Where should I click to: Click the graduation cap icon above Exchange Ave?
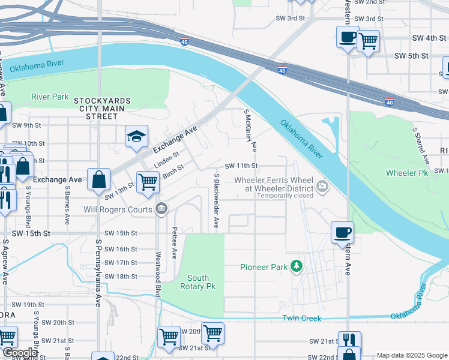[x=136, y=136]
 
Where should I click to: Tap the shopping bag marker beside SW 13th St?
[x=98, y=179]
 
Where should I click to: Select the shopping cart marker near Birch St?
[x=148, y=182]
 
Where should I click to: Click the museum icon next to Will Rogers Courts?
[x=161, y=209]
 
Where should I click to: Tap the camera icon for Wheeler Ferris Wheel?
[x=323, y=187]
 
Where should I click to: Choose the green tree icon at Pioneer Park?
[x=296, y=266]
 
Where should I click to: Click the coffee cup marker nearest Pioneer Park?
[x=342, y=233]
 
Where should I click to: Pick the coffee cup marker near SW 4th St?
[x=347, y=37]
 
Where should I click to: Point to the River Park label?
[x=50, y=97]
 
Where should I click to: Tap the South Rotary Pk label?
[x=198, y=282]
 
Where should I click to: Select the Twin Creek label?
[x=301, y=318]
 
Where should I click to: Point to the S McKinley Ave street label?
[x=250, y=130]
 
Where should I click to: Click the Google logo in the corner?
[x=20, y=353]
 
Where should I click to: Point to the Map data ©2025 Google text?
[x=411, y=355]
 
